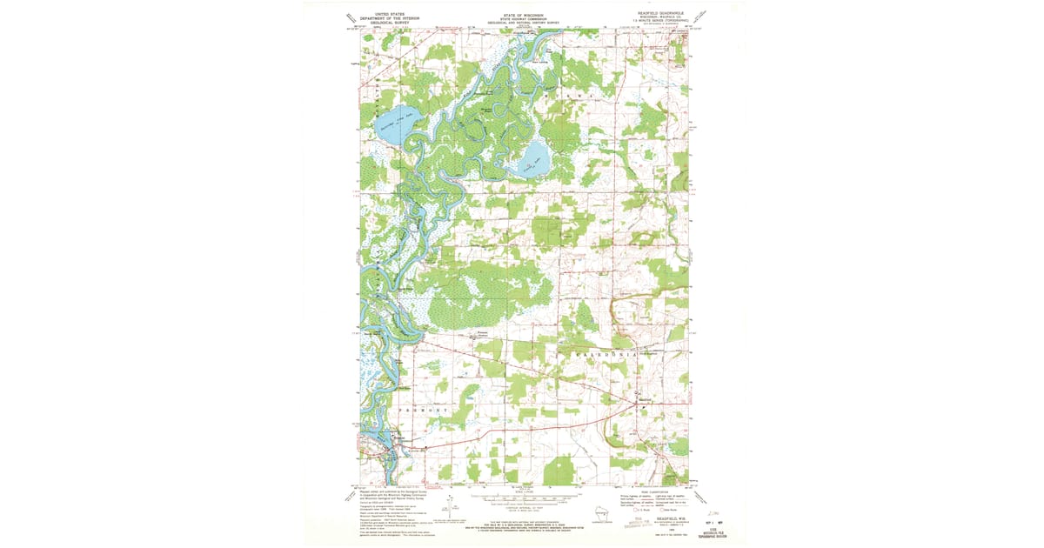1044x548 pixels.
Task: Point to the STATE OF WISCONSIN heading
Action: coord(522,15)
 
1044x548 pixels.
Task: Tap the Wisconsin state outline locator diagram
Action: coord(599,513)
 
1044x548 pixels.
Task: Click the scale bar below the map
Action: coord(522,502)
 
